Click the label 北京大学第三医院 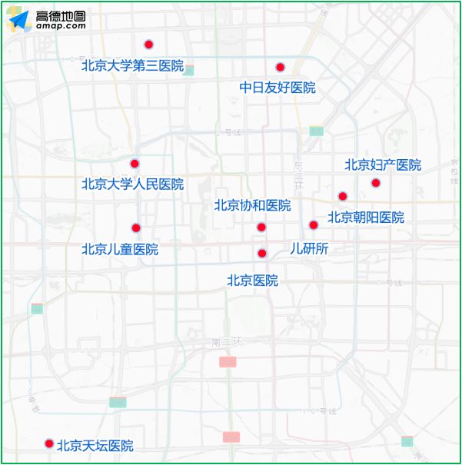click(132, 66)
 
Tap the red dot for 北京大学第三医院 click(148, 45)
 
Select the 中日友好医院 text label click(278, 88)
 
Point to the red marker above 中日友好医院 click(281, 67)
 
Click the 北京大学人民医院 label click(132, 184)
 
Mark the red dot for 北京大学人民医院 click(135, 164)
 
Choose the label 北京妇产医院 click(383, 164)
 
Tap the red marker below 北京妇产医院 click(376, 183)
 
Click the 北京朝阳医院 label click(366, 218)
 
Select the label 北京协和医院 click(252, 205)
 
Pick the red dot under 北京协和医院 click(261, 227)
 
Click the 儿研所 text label click(309, 248)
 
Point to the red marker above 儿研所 click(314, 225)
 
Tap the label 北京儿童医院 click(120, 249)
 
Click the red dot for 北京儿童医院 click(136, 228)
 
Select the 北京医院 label click(252, 281)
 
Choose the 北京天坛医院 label click(95, 446)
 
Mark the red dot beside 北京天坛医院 click(49, 443)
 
